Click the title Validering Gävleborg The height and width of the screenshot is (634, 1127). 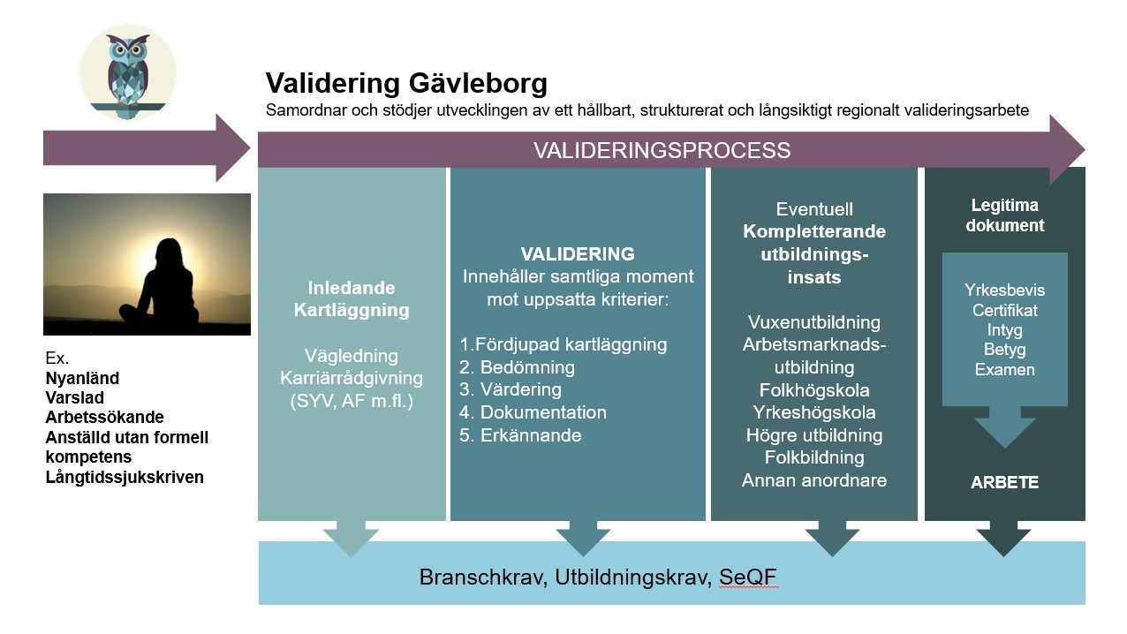(406, 84)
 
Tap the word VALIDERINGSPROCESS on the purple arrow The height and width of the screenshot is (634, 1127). (662, 150)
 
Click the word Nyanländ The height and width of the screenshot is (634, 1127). (82, 378)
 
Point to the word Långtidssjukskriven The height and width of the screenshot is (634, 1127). (125, 477)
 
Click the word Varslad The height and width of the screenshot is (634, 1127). (74, 397)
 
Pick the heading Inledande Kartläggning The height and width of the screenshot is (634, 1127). (352, 298)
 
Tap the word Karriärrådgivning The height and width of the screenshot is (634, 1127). (352, 378)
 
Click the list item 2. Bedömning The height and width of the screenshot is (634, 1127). (518, 366)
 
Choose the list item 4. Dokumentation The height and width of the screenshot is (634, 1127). (533, 412)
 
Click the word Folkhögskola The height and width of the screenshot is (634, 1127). (814, 389)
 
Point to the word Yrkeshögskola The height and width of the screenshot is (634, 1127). (814, 412)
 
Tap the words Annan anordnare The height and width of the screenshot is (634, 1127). (814, 480)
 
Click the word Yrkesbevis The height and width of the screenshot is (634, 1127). (1004, 291)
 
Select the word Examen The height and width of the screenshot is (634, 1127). (1004, 370)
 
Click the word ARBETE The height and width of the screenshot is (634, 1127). (1004, 483)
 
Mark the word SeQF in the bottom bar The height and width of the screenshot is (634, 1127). (747, 577)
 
